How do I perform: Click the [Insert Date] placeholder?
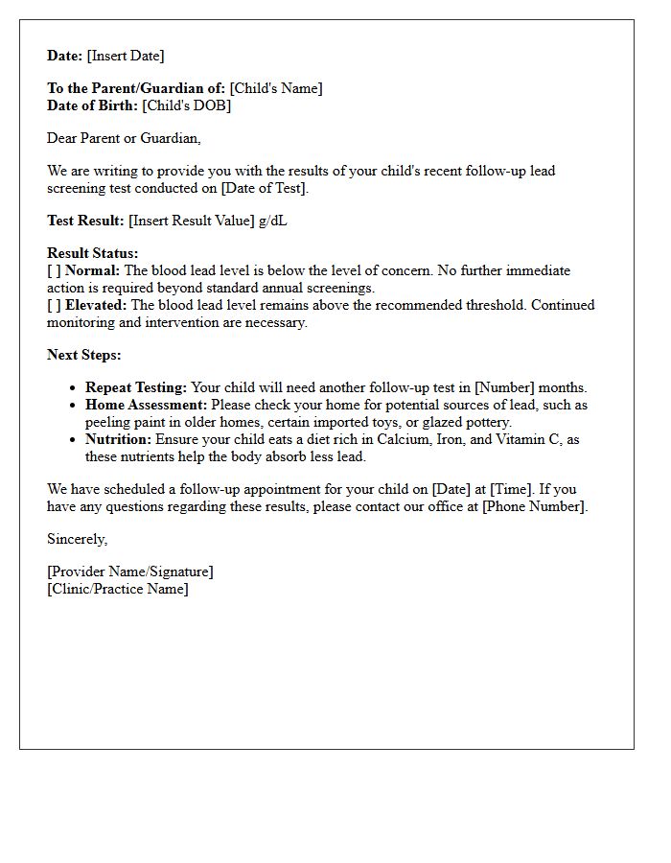coord(126,56)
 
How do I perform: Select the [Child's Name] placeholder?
coord(276,88)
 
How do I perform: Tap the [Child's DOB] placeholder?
coord(187,105)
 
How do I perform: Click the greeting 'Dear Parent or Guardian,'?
coord(125,138)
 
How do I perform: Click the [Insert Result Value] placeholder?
coord(192,221)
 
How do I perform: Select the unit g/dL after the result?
coord(273,221)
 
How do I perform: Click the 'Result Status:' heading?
coord(93,253)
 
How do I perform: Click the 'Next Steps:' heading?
coord(84,355)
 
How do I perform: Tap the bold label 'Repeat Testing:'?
coord(136,387)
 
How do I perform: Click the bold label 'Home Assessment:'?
coord(146,405)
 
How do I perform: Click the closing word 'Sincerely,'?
coord(78,539)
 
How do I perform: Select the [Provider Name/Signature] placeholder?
coord(130,571)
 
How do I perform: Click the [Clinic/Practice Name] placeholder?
coord(118,589)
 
